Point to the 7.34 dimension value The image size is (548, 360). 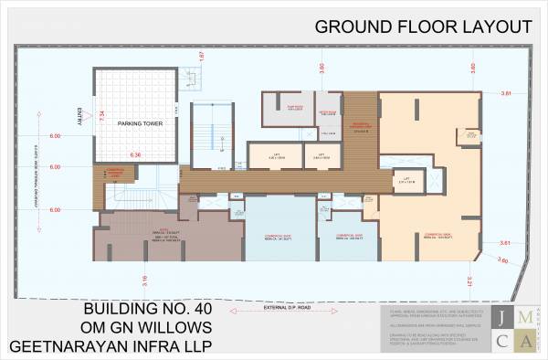[x=102, y=116]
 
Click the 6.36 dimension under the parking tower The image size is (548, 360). [x=135, y=155]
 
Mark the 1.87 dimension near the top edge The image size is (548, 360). [x=201, y=57]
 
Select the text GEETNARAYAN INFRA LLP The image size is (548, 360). [x=111, y=347]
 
